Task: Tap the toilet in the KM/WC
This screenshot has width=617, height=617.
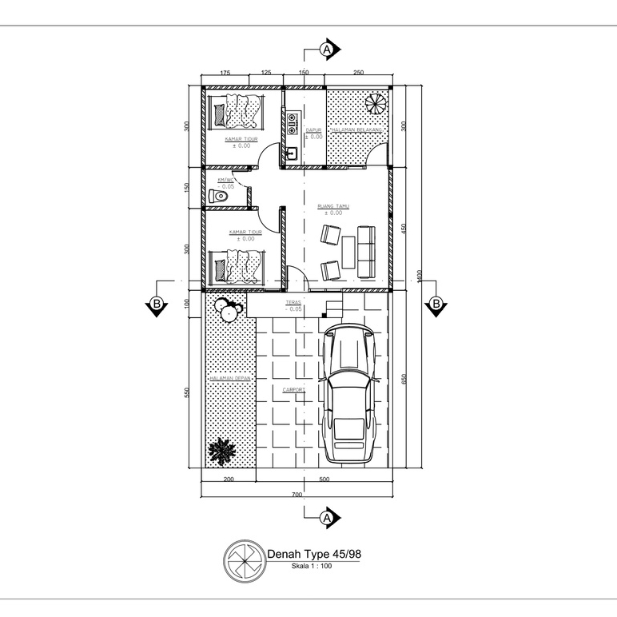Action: coord(220,196)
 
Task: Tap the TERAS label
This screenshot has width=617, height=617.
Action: coord(293,304)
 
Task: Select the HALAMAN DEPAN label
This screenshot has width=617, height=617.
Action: coord(229,379)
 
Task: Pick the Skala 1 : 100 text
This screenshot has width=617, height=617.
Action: coord(311,566)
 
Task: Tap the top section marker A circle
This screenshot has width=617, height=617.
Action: coord(326,50)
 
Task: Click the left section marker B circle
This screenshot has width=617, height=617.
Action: coord(156,304)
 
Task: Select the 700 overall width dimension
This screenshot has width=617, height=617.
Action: coord(297,495)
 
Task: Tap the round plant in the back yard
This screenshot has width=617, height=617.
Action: coord(374,104)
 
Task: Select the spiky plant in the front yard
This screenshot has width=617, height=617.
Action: coord(221,452)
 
